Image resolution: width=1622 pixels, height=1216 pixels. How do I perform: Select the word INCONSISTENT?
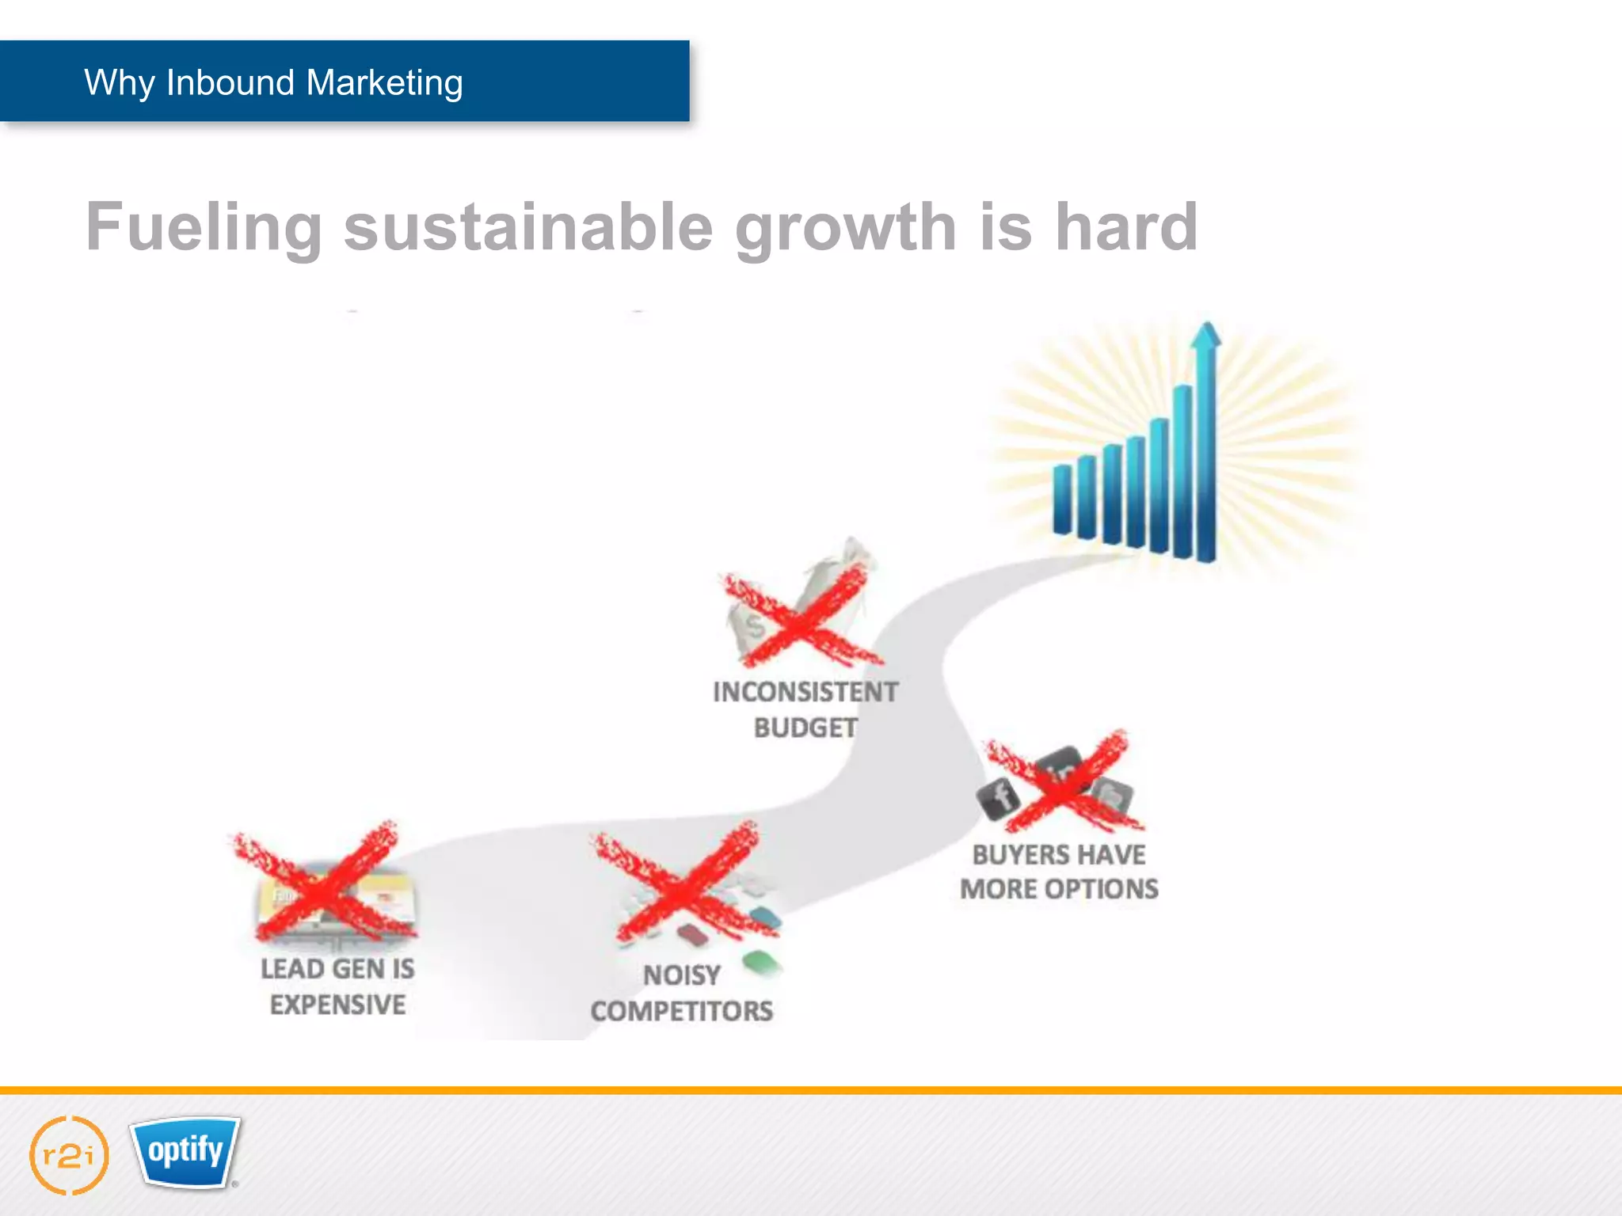[805, 692]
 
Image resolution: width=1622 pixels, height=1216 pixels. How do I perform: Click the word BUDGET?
[805, 728]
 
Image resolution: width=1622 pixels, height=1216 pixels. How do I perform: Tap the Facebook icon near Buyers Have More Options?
[999, 796]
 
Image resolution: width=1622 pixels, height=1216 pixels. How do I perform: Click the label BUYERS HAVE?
[1058, 855]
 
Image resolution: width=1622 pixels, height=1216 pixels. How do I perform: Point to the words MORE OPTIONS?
[1058, 889]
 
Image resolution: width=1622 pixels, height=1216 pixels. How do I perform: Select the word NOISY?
[681, 975]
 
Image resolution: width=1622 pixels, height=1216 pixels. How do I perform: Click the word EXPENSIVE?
[337, 1005]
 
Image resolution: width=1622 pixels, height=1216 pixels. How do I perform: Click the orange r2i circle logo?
[69, 1156]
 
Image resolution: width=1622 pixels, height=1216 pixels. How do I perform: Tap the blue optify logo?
[185, 1151]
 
